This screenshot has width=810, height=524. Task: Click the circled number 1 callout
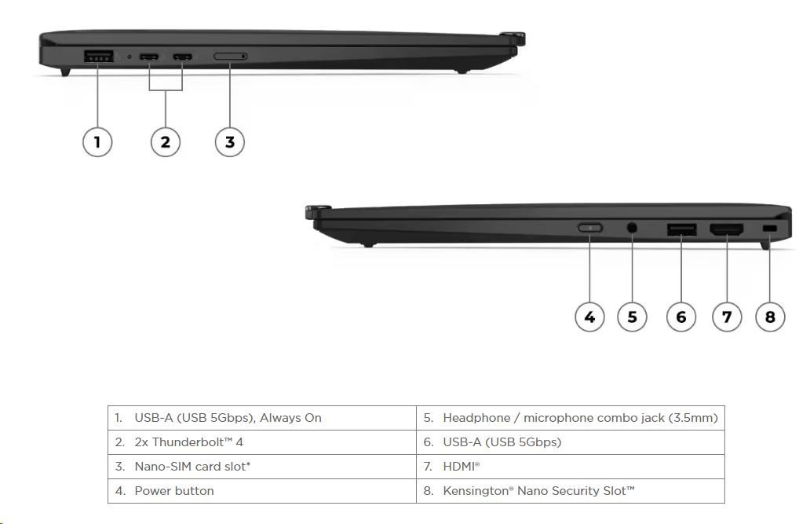97,142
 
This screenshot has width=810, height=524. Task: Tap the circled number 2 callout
165,142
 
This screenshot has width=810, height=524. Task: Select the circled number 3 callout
230,142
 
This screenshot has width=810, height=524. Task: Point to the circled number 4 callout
589,317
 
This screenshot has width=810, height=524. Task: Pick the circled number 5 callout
632,317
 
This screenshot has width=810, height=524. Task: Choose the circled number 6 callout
680,317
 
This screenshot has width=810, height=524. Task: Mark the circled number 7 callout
727,317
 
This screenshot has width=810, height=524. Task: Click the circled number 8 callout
770,317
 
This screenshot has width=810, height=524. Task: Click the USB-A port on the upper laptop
98,56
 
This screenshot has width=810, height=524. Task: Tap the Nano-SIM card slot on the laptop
230,57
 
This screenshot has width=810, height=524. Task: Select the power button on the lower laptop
590,228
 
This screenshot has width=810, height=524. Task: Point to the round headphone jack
632,229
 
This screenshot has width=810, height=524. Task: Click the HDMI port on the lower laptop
727,229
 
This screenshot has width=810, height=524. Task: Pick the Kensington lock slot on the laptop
769,229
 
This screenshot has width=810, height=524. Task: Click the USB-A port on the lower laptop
681,229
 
